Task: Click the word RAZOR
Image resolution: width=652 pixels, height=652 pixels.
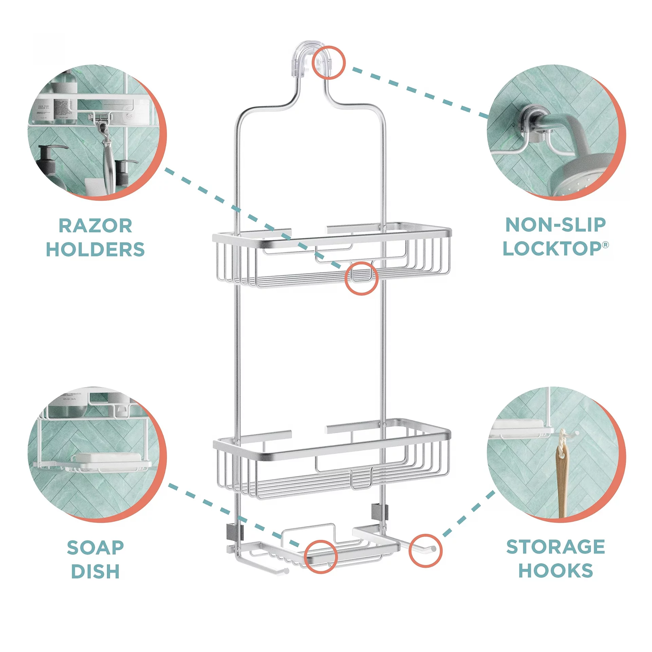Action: pos(95,226)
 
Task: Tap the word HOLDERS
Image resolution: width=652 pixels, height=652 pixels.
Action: pos(95,250)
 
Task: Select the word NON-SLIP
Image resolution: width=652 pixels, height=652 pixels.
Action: pos(556,225)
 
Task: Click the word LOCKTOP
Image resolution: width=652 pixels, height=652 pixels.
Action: pos(552,249)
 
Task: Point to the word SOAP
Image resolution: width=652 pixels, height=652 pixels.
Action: pos(95,548)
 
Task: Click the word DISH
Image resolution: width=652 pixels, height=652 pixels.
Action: pos(95,572)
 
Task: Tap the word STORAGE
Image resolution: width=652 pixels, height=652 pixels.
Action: pos(556,547)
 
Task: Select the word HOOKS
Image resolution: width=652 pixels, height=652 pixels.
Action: pos(556,570)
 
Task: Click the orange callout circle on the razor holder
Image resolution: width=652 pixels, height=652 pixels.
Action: pos(361,278)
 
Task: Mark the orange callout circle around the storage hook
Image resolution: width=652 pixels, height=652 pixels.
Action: pos(425,550)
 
